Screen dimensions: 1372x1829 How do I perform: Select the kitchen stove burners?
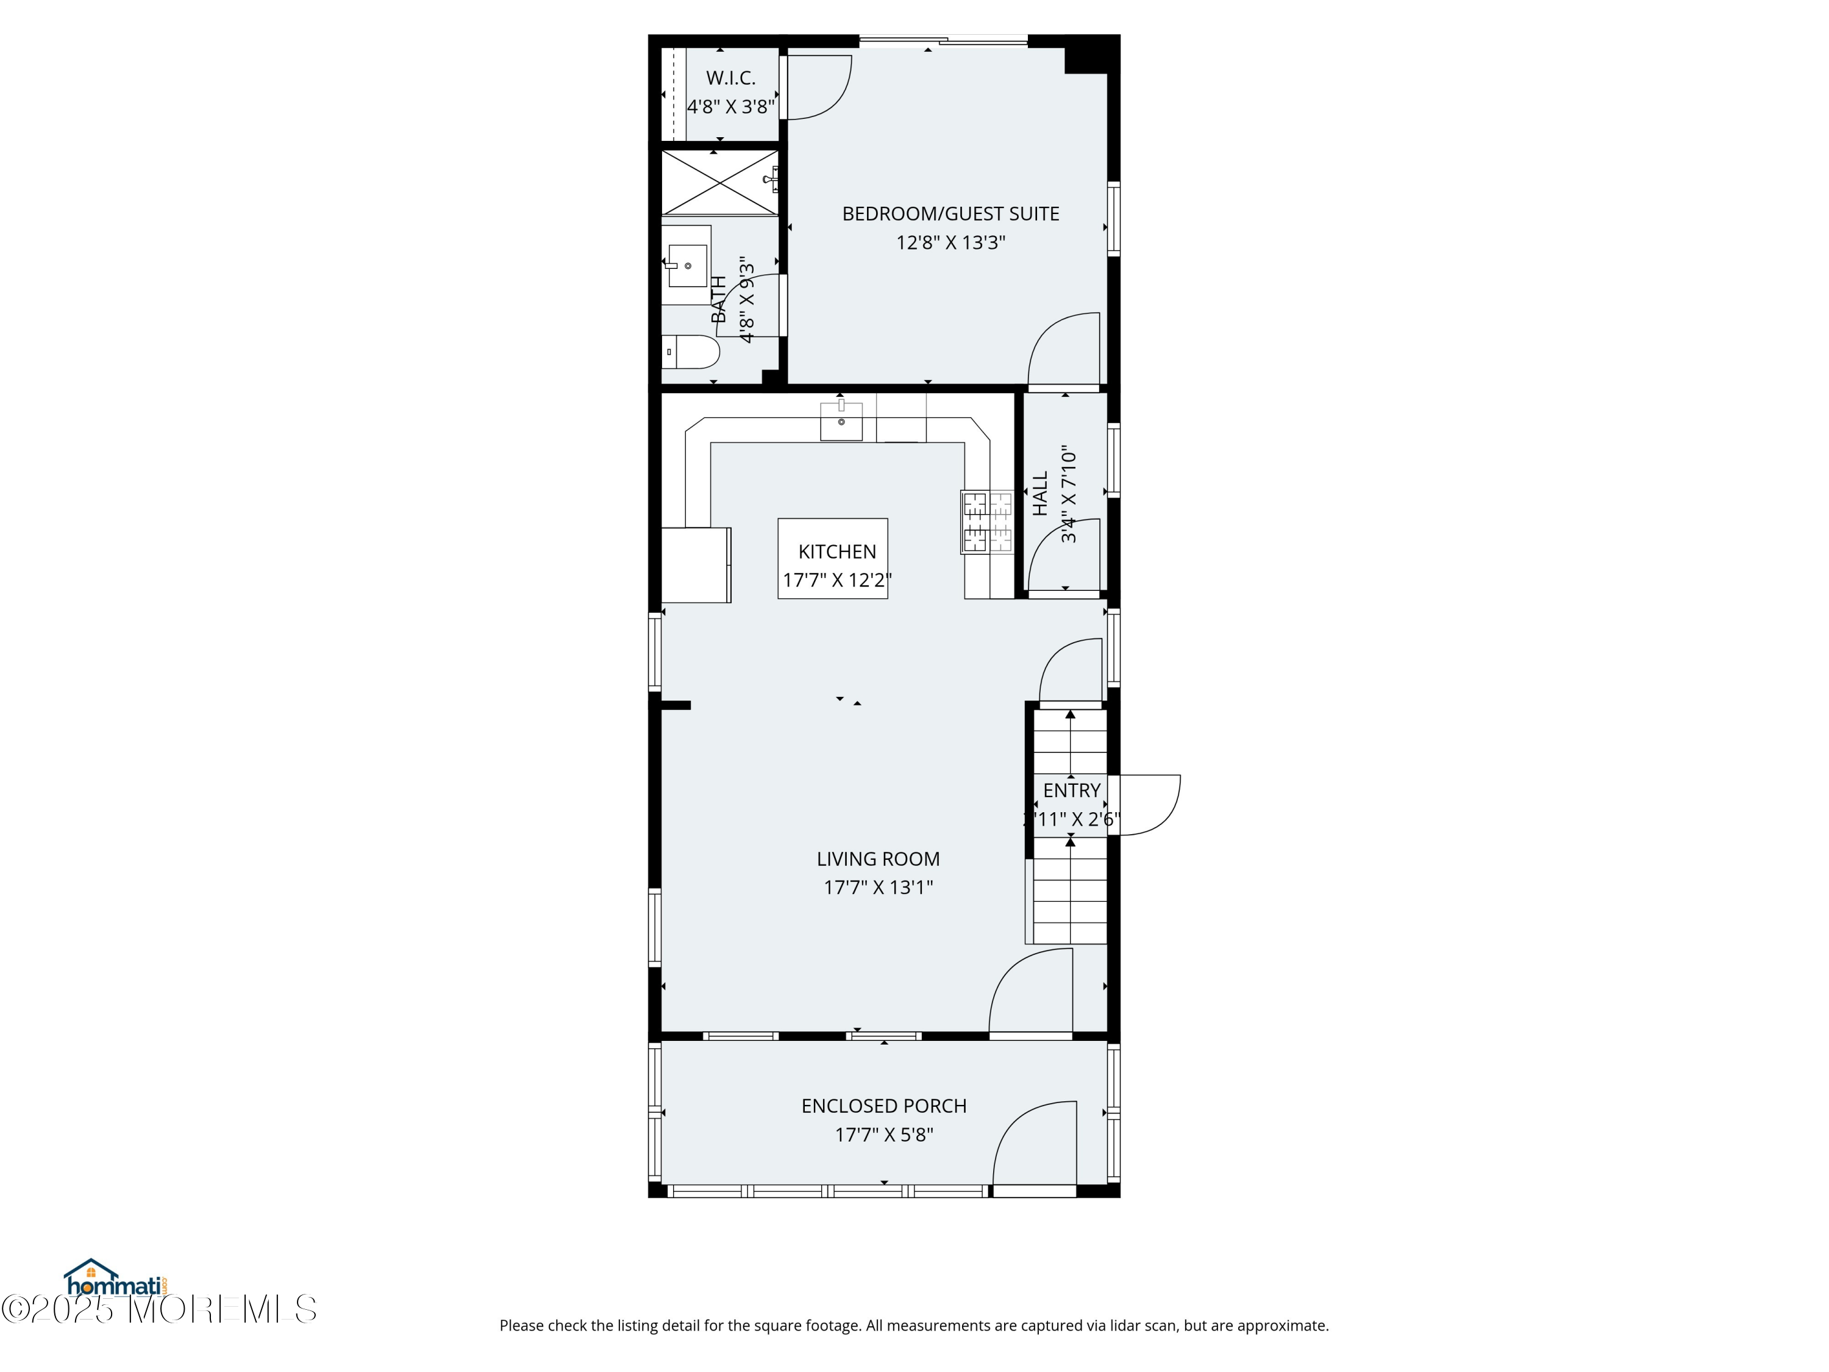[986, 522]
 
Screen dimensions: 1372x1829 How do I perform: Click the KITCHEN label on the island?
[837, 552]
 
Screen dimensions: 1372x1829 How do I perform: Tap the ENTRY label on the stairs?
[1072, 791]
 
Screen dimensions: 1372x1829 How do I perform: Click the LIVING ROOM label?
[878, 859]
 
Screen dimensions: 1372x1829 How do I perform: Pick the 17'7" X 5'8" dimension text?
[884, 1135]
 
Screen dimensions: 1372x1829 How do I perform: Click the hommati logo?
[116, 1280]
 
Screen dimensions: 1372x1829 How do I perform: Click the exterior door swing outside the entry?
[1147, 804]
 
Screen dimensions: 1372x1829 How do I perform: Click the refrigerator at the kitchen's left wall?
[696, 565]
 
